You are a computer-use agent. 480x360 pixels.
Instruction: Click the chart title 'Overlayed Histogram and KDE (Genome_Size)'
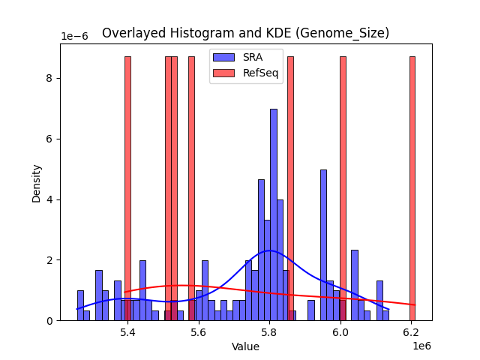245,33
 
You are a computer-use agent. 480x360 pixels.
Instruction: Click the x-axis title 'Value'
245,346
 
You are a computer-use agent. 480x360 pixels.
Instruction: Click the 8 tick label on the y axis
50,78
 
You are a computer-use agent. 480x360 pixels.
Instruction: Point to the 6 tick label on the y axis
50,139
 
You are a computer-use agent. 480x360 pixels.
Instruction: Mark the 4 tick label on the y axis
50,199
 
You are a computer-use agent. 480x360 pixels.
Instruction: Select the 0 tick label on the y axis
50,321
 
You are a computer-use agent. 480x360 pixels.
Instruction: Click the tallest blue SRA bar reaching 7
274,217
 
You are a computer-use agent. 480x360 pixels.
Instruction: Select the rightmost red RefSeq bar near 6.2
412,187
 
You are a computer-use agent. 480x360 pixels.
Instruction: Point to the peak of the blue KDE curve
270,250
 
